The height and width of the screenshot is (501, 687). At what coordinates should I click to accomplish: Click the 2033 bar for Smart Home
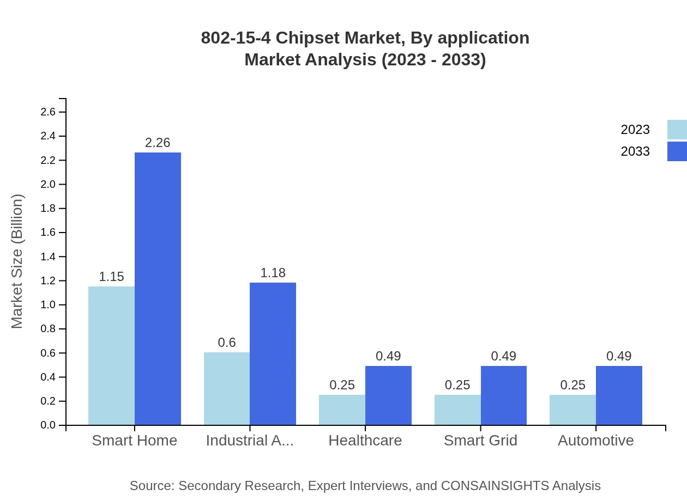click(x=158, y=289)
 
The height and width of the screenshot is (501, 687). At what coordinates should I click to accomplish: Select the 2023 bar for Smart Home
click(x=111, y=356)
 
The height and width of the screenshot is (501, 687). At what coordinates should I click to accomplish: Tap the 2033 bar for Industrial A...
click(x=273, y=353)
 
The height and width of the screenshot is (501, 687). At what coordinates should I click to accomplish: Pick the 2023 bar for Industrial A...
click(x=227, y=388)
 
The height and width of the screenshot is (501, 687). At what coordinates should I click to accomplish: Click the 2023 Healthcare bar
click(x=342, y=410)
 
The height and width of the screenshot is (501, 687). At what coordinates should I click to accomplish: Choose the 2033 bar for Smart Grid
click(x=504, y=395)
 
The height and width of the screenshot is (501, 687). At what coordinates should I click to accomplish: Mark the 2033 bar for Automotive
click(x=619, y=395)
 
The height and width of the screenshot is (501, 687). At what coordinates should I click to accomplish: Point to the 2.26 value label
click(x=158, y=143)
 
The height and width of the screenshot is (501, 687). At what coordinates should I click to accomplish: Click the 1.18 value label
click(x=273, y=273)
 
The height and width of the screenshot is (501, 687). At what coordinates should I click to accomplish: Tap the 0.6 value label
click(x=227, y=343)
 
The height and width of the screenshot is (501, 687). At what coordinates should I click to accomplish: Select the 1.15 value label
click(x=111, y=277)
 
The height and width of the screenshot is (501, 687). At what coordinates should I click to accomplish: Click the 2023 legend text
click(x=635, y=130)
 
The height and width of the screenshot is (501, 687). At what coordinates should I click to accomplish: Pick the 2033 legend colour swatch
click(x=677, y=151)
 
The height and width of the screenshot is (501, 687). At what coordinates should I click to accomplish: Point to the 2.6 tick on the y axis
click(x=48, y=112)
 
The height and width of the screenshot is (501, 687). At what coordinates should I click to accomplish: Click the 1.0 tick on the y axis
click(x=48, y=305)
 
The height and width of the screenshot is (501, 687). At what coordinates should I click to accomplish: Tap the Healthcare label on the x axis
click(x=365, y=440)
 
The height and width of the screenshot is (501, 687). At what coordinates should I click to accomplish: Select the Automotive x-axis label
click(x=595, y=440)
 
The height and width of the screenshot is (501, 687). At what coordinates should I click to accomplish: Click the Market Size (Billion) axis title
click(x=17, y=261)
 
